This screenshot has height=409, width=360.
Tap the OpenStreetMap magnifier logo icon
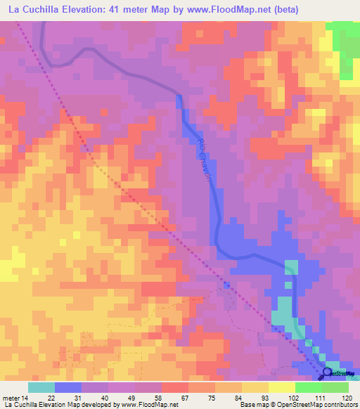(327, 373)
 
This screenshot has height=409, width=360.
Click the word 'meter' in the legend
(11, 398)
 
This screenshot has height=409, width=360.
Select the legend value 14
(26, 398)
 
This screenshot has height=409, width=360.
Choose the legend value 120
(347, 398)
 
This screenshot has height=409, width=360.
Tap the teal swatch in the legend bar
(41, 387)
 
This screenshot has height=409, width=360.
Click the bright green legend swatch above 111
(309, 387)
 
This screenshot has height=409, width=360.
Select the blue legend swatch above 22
(68, 387)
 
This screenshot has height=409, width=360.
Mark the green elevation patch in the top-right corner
(345, 46)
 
